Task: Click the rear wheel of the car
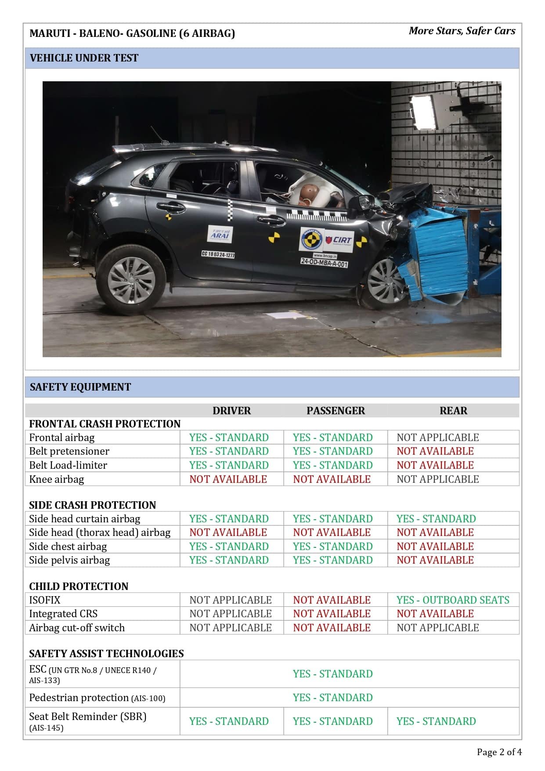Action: pos(131,280)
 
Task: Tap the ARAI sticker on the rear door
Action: pos(220,235)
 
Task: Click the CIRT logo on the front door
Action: pos(339,240)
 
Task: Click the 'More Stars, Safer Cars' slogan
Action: pos(462,31)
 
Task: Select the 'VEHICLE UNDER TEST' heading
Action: pos(84,58)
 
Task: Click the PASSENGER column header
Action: pos(336,411)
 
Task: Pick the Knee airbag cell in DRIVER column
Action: pos(228,479)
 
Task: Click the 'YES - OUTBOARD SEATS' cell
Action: pos(453,600)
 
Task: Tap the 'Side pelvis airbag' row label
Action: pos(69,560)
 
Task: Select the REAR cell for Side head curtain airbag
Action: pos(436,519)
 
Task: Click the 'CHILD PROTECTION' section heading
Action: pos(79,586)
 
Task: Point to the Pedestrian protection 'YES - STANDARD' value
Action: pos(332,698)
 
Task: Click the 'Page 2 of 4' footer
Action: pos(499,752)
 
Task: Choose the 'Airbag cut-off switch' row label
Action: pos(77,628)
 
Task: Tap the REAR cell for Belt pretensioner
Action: pos(435,451)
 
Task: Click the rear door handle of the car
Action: pos(170,206)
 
